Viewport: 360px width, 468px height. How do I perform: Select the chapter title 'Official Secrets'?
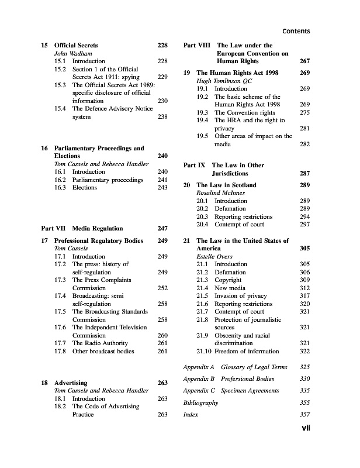coord(76,45)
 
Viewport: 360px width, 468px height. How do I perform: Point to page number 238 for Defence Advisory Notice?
coord(163,116)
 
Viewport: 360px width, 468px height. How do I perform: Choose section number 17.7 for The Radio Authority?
coord(60,343)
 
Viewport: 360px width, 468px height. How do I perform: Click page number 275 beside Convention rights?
coord(304,112)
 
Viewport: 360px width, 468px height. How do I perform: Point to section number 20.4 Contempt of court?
coord(203,225)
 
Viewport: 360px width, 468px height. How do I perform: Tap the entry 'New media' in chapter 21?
coord(230,288)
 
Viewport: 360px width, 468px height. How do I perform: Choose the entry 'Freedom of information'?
coord(247,351)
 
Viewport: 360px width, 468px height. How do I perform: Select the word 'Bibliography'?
coord(200,403)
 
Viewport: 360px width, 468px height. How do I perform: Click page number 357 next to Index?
coord(304,415)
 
